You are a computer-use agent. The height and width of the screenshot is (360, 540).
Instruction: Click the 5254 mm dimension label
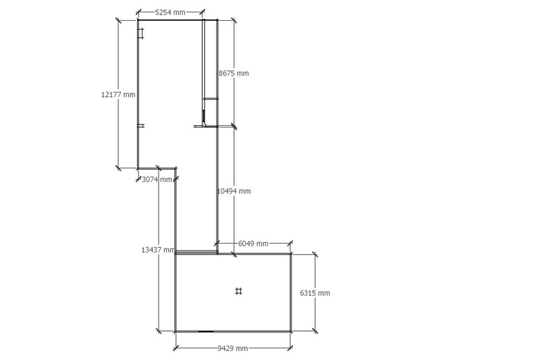point(170,12)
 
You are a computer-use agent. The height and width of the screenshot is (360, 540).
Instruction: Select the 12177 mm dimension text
point(118,94)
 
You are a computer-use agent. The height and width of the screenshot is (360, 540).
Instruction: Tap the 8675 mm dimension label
point(233,73)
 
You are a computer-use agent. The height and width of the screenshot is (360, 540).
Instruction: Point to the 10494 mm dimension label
point(233,191)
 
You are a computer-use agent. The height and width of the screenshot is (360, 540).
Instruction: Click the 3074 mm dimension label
point(156,179)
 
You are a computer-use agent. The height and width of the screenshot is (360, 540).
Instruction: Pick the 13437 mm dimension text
point(158,250)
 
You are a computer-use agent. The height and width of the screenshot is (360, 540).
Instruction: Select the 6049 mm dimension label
point(253,244)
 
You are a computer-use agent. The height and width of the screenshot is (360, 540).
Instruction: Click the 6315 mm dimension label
point(315,293)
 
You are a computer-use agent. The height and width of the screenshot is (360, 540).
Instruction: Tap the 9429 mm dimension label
point(233,348)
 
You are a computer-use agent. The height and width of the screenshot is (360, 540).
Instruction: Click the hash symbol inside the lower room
point(238,291)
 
